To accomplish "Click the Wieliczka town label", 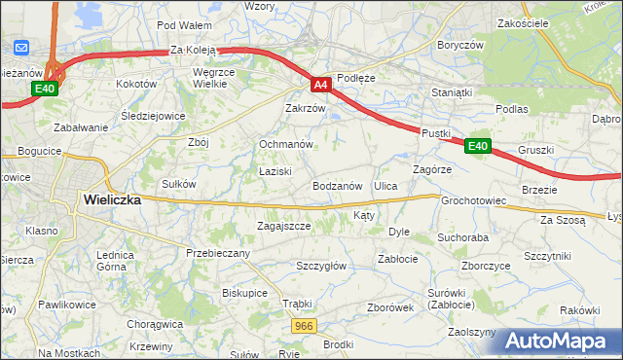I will (112, 198).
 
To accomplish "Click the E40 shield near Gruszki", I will (476, 146).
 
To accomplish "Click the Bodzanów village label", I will (338, 185).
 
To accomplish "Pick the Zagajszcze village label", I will (283, 226).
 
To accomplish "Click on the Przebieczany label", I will (218, 253).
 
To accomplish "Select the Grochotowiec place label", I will (475, 201).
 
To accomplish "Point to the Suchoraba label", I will (462, 236).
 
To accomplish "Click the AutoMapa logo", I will (561, 341).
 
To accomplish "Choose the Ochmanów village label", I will (285, 144).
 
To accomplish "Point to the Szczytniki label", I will (546, 255).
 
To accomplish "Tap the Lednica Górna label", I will (115, 260).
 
